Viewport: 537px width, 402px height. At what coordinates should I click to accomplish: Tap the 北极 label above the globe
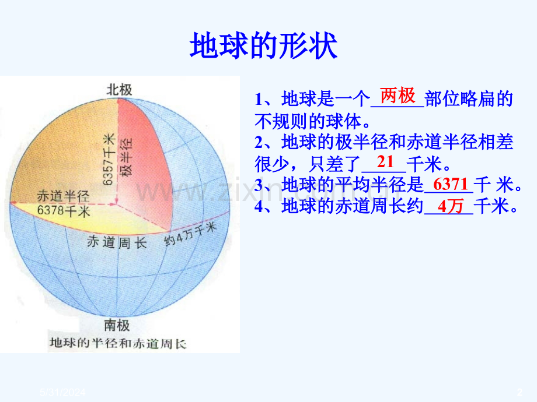tap(118, 89)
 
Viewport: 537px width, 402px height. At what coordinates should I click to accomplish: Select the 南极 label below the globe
tap(117, 325)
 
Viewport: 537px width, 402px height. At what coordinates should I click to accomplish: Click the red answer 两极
tap(397, 95)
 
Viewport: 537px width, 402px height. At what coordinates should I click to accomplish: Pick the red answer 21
tap(386, 161)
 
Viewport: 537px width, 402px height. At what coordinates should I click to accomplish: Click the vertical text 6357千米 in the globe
tap(108, 158)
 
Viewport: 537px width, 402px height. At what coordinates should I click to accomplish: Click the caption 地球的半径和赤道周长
tap(118, 343)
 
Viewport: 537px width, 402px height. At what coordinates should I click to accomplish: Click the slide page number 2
tap(519, 394)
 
